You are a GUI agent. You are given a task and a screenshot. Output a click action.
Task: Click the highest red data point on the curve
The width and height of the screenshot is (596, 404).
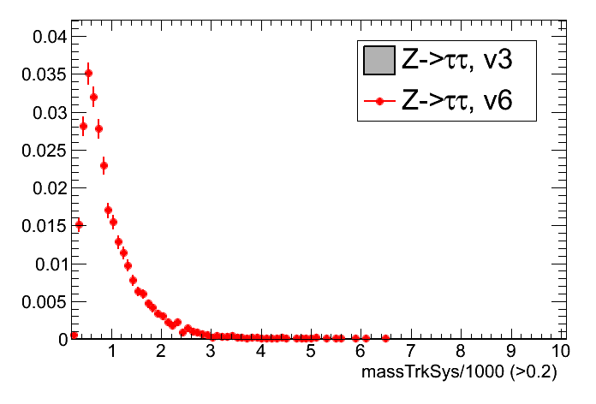[88, 73]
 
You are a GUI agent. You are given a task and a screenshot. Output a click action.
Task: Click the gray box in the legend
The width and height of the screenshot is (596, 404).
[378, 60]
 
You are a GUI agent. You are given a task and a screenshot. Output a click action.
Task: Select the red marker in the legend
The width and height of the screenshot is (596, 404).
[378, 101]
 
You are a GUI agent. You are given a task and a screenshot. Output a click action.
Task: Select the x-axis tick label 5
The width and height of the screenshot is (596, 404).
[312, 352]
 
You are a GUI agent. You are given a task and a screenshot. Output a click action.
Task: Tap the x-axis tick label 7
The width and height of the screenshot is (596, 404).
[411, 352]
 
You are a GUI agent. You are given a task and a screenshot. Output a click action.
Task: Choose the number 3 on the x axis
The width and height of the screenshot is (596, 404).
[212, 352]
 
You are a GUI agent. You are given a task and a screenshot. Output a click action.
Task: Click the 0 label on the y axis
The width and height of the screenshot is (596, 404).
[61, 339]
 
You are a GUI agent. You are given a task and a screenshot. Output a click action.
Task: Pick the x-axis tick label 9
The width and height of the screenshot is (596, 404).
[511, 352]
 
